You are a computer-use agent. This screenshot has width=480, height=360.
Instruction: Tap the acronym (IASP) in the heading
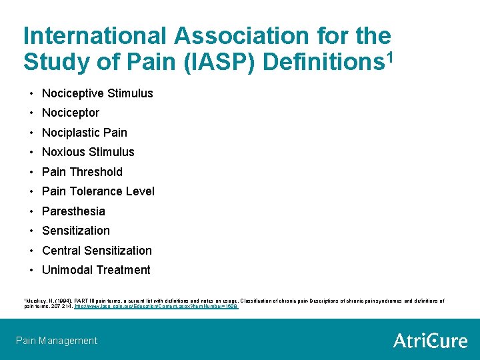point(225,61)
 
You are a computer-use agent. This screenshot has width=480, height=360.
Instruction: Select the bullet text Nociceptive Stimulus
point(97,93)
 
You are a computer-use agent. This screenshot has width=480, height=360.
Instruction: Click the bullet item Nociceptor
point(71,113)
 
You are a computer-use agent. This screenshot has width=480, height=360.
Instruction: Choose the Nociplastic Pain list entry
point(84,133)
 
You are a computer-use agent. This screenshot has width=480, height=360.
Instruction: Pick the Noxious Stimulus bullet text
point(88,152)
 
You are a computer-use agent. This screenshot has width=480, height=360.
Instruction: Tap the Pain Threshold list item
point(82,172)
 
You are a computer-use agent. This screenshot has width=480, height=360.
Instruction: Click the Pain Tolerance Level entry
point(98,191)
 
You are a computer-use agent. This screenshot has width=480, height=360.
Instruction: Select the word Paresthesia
point(73,211)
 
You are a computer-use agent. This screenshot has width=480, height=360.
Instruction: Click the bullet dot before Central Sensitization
point(31,251)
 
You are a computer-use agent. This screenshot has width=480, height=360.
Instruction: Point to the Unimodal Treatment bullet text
point(96,270)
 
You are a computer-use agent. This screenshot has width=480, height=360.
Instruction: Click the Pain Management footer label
point(57,341)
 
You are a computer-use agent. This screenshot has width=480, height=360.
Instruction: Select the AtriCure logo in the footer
point(430,341)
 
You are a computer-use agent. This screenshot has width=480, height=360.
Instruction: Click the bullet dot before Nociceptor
point(31,113)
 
